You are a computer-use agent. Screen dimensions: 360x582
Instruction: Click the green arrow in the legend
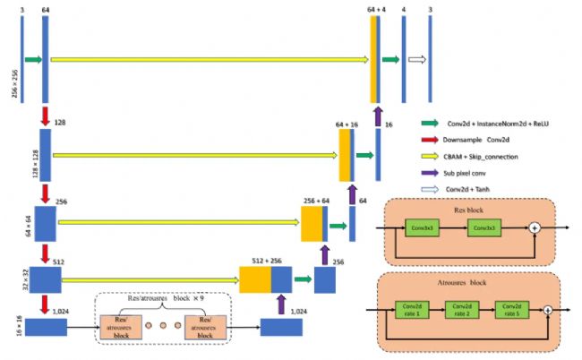[432, 123]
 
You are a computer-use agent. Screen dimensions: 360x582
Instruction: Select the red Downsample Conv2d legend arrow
[432, 140]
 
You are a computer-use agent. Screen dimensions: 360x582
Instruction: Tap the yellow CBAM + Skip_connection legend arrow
[432, 157]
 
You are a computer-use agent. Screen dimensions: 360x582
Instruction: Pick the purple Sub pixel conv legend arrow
[432, 174]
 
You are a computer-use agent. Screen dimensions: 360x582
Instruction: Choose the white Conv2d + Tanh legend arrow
[432, 190]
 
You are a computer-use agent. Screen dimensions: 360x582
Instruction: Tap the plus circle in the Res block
[535, 229]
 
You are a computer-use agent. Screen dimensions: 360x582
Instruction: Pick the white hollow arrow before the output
[416, 60]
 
